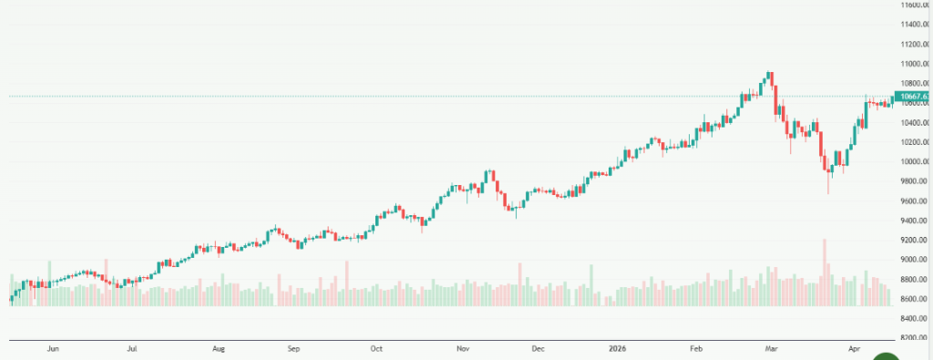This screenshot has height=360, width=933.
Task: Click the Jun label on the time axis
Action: coord(53,348)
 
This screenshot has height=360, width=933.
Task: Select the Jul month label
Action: coord(133,348)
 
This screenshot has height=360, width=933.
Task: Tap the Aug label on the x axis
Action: coord(219,348)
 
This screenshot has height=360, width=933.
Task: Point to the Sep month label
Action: coord(293,348)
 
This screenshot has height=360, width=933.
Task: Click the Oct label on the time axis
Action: coord(377,348)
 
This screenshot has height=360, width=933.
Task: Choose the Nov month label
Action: coord(463,348)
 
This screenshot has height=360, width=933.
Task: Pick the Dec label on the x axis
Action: coord(538,348)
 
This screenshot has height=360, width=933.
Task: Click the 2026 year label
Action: coord(618,348)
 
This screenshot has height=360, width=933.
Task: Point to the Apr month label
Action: coord(854,348)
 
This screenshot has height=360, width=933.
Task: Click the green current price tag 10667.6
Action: coord(913,97)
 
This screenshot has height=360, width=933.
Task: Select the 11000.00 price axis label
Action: coord(913,64)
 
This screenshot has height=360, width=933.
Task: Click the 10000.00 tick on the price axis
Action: coord(913,161)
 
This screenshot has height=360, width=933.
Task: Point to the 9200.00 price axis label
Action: coord(913,240)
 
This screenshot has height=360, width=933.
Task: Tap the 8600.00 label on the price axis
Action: coord(913,299)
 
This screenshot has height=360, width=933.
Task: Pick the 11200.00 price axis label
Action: coord(913,44)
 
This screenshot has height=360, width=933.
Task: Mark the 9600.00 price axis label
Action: coord(913,201)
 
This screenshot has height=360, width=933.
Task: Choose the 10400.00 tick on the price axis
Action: coord(913,122)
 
